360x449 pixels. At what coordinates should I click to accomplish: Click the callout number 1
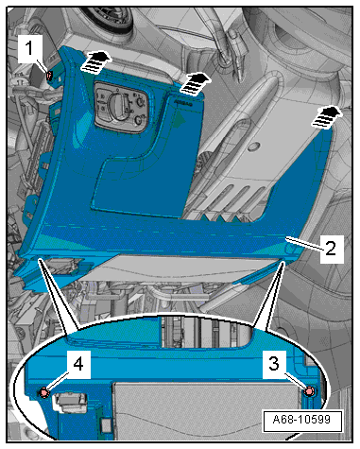pyautogui.click(x=29, y=49)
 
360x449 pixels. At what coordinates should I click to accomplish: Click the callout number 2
pyautogui.click(x=331, y=249)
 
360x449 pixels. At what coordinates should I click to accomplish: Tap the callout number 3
pyautogui.click(x=274, y=364)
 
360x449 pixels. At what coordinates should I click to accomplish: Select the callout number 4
pyautogui.click(x=77, y=365)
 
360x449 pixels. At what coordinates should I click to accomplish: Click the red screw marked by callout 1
pyautogui.click(x=49, y=76)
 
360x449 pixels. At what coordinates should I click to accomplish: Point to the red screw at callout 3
pyautogui.click(x=309, y=391)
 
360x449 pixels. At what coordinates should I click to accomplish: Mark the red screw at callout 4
pyautogui.click(x=43, y=393)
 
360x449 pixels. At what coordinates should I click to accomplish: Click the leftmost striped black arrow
pyautogui.click(x=95, y=62)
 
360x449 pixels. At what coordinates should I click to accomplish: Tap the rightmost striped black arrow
pyautogui.click(x=327, y=117)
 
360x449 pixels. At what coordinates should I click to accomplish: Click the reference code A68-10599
pyautogui.click(x=301, y=420)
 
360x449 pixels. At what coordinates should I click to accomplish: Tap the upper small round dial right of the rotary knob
pyautogui.click(x=140, y=102)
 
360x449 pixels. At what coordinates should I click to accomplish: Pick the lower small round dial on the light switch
pyautogui.click(x=139, y=120)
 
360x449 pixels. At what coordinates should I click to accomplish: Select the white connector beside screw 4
pyautogui.click(x=69, y=402)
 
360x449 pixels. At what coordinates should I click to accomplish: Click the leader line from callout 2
pyautogui.click(x=305, y=244)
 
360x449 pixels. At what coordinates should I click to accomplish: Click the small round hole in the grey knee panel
pyautogui.click(x=255, y=146)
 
